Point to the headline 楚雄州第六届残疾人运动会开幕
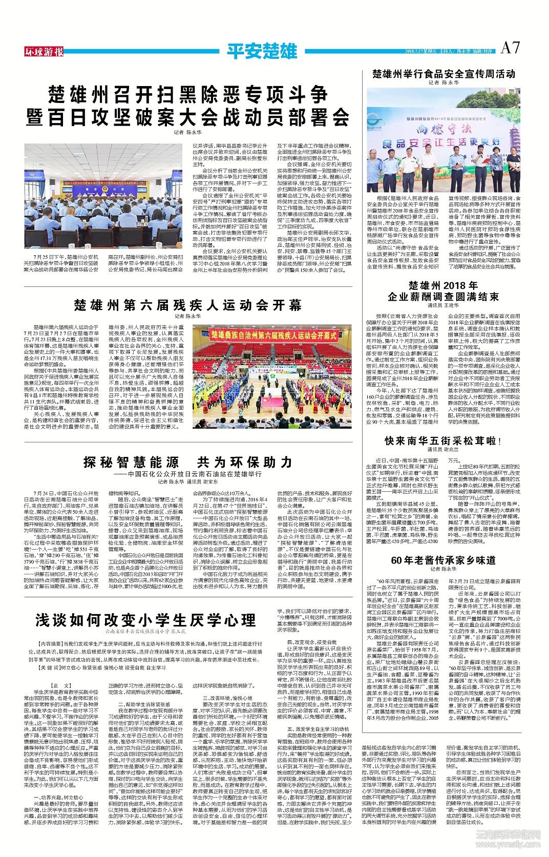pos(187,305)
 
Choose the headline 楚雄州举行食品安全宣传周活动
pos(444,74)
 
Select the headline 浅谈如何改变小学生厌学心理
pos(145,620)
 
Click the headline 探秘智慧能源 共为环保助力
pos(187,462)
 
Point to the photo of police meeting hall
pos(103,196)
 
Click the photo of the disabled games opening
pos(272,377)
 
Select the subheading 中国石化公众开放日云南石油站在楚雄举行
pos(187,474)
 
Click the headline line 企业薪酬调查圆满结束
pos(443,297)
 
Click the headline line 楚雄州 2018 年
pos(443,285)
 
